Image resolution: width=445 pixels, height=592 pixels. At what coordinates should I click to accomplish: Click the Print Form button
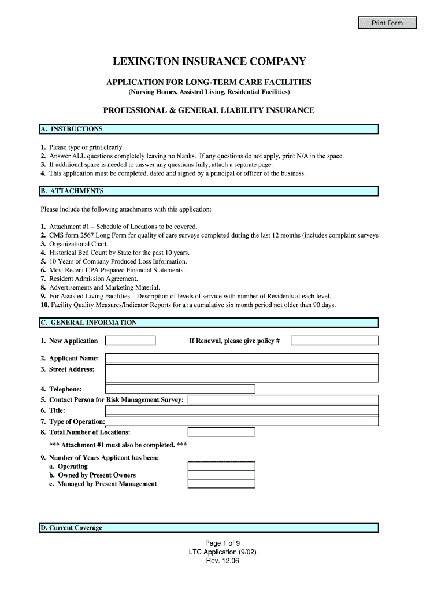click(x=387, y=23)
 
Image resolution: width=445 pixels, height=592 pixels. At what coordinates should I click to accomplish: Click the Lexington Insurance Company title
click(x=209, y=62)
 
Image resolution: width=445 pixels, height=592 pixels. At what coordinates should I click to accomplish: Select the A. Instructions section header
click(x=209, y=129)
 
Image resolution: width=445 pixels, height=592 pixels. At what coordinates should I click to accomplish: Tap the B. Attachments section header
click(x=209, y=191)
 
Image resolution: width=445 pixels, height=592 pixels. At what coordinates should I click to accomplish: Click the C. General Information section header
click(x=209, y=323)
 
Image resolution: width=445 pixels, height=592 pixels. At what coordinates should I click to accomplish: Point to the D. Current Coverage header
click(x=209, y=528)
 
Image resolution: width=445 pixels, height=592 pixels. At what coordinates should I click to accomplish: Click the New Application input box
click(x=131, y=341)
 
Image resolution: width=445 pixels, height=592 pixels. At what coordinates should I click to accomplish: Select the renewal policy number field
click(x=334, y=341)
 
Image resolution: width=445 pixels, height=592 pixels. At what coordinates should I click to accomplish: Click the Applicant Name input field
click(x=242, y=358)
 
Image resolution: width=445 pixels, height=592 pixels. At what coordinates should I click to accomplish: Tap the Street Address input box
click(x=242, y=373)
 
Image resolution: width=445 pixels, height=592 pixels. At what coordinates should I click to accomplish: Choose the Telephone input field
click(x=180, y=389)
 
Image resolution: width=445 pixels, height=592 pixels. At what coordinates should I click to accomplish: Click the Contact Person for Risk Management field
click(x=283, y=399)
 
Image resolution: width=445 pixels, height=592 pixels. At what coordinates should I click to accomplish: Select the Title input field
click(x=242, y=410)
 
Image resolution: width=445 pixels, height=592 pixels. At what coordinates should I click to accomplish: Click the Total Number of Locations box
click(x=221, y=432)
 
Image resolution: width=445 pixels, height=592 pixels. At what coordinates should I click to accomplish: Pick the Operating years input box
click(x=221, y=467)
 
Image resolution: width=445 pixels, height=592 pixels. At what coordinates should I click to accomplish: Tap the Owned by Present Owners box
click(x=221, y=475)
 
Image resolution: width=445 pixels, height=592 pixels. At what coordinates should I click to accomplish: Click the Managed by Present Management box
click(x=221, y=484)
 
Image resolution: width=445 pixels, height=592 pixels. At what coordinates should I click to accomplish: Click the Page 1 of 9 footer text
click(x=222, y=543)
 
